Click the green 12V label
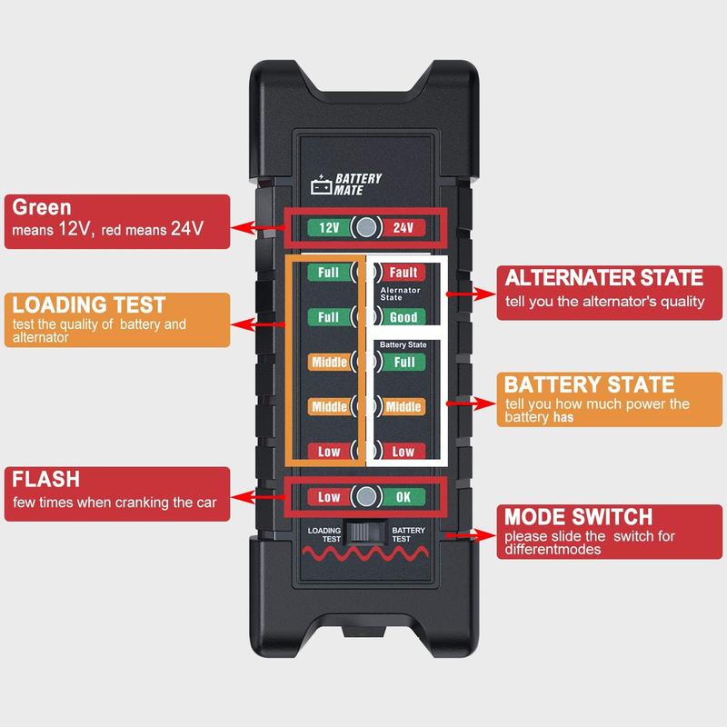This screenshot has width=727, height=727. [329, 228]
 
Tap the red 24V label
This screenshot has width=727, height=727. [403, 228]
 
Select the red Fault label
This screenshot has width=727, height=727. [402, 273]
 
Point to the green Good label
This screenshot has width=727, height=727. [402, 317]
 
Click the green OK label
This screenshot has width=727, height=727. [403, 496]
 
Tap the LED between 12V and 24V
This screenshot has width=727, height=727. [365, 228]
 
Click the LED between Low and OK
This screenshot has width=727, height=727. [365, 496]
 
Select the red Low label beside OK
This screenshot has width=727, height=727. [329, 496]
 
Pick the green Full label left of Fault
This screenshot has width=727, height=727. [329, 273]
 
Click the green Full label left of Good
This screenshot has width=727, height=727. [329, 317]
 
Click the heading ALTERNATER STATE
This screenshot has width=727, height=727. [603, 278]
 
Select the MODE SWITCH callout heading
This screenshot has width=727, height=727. [578, 517]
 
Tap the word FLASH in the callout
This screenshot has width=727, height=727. [47, 479]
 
